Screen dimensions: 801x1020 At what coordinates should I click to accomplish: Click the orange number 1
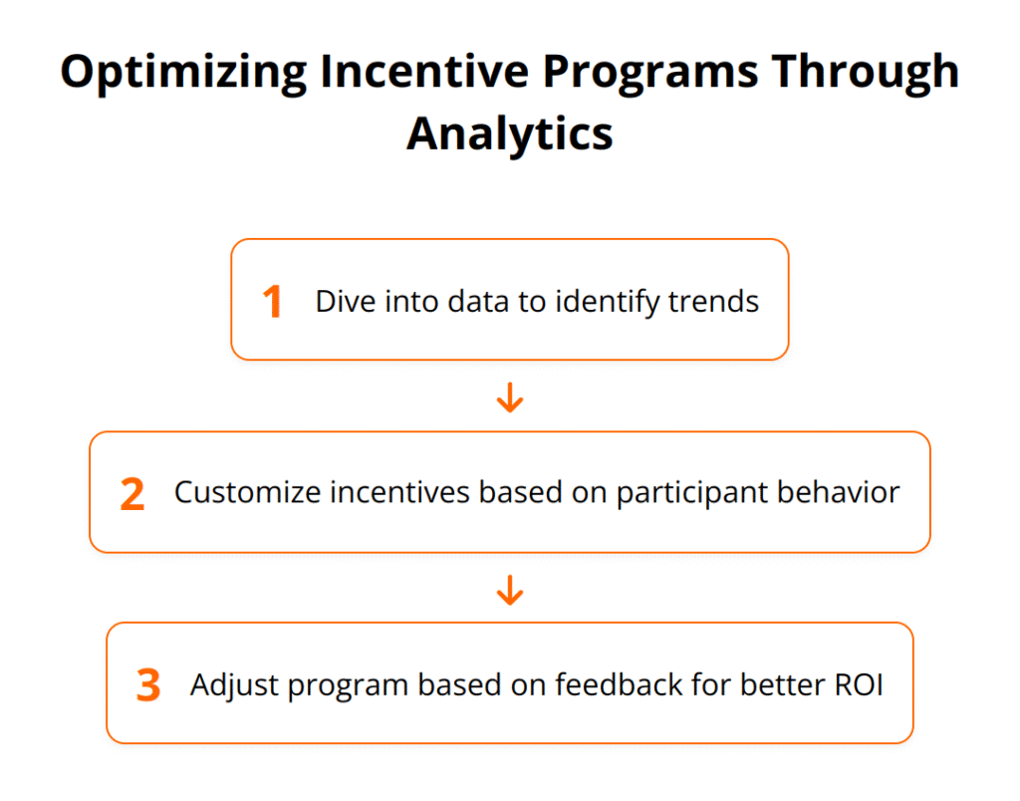[x=272, y=302]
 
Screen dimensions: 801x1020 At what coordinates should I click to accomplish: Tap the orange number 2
[x=132, y=494]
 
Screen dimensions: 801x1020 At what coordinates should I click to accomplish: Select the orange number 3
[x=148, y=685]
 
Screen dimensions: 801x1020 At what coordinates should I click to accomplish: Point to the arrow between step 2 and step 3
[x=509, y=591]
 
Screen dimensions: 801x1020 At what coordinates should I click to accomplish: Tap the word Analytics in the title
[x=509, y=133]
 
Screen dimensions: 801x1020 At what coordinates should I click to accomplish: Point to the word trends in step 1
[x=716, y=301]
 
